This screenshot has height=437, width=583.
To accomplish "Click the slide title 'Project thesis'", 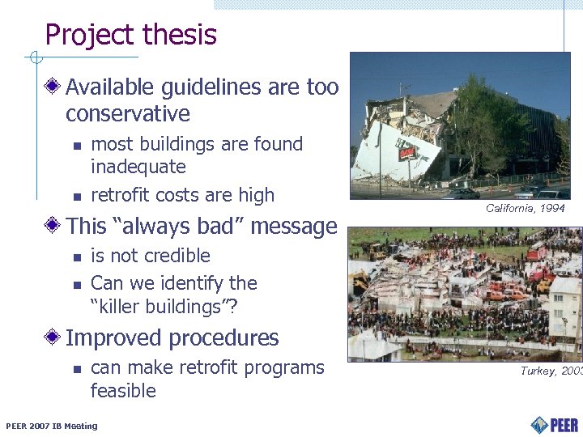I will pyautogui.click(x=130, y=35).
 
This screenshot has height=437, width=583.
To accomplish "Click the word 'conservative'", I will pyautogui.click(x=128, y=113).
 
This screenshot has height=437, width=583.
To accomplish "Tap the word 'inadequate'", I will pyautogui.click(x=138, y=168).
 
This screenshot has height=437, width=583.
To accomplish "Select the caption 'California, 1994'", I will pyautogui.click(x=525, y=209).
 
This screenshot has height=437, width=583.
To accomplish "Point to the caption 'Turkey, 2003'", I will pyautogui.click(x=551, y=371).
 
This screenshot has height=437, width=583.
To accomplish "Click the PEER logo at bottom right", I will pyautogui.click(x=555, y=424).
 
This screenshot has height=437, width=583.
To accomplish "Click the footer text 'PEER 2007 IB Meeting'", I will pyautogui.click(x=51, y=426).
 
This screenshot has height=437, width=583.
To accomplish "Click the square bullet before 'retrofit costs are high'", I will pyautogui.click(x=76, y=197).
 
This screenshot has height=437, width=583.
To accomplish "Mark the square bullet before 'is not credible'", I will pyautogui.click(x=76, y=257).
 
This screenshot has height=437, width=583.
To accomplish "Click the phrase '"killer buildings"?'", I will pyautogui.click(x=164, y=307).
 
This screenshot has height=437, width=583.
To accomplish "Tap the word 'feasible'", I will pyautogui.click(x=123, y=391).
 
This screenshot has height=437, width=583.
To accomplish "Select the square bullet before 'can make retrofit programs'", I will pyautogui.click(x=76, y=369).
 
